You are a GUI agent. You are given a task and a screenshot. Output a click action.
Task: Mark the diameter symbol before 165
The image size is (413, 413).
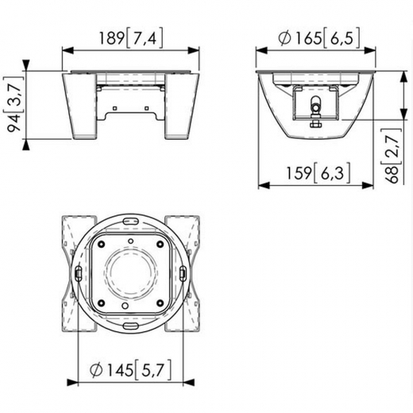[282, 37]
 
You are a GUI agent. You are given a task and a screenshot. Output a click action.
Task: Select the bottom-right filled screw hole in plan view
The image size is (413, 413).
[160, 303]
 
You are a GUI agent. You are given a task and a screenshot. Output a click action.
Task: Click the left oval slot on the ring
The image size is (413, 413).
[78, 272]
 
